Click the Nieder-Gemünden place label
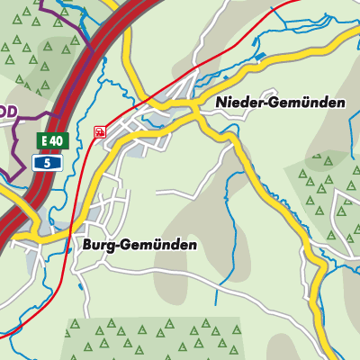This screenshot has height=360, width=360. (x=280, y=103)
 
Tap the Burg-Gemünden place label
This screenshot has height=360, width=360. (x=139, y=245)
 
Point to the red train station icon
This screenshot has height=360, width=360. (x=99, y=132)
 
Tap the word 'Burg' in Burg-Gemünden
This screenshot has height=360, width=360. (x=96, y=245)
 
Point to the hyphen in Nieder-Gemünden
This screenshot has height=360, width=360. (x=260, y=104)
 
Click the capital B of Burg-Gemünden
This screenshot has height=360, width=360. (x=85, y=245)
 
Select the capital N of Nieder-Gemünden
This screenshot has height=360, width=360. (x=220, y=103)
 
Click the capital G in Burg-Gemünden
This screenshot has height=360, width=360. (x=123, y=245)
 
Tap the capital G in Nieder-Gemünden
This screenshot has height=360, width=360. (x=269, y=103)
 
